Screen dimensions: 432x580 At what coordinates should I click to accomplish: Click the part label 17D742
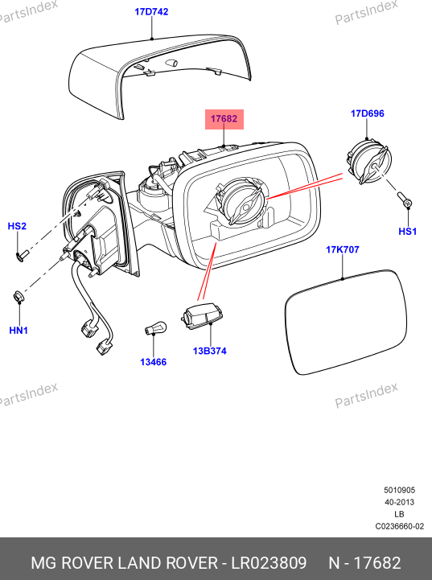151,12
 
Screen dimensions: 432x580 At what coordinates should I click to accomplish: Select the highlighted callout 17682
224,119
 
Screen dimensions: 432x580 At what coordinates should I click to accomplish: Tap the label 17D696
368,113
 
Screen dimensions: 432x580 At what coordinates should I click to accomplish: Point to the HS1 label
408,232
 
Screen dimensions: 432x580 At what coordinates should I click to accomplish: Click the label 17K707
342,249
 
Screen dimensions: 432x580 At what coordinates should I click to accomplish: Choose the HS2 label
17,226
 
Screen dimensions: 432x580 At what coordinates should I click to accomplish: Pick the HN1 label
19,330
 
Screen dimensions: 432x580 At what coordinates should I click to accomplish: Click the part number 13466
153,362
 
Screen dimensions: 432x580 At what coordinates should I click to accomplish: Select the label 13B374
210,351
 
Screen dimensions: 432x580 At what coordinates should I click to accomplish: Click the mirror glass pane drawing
346,322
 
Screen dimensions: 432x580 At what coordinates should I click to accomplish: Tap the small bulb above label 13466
155,328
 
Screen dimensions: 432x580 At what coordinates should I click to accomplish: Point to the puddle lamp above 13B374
202,316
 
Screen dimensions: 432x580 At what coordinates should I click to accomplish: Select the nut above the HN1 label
17,296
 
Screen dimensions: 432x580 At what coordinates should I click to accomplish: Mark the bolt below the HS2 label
23,254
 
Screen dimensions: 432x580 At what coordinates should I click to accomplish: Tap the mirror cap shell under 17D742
160,76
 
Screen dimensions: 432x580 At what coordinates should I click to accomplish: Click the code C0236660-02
400,526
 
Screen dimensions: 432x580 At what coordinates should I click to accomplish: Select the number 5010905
400,490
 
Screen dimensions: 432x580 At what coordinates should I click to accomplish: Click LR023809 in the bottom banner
269,562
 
